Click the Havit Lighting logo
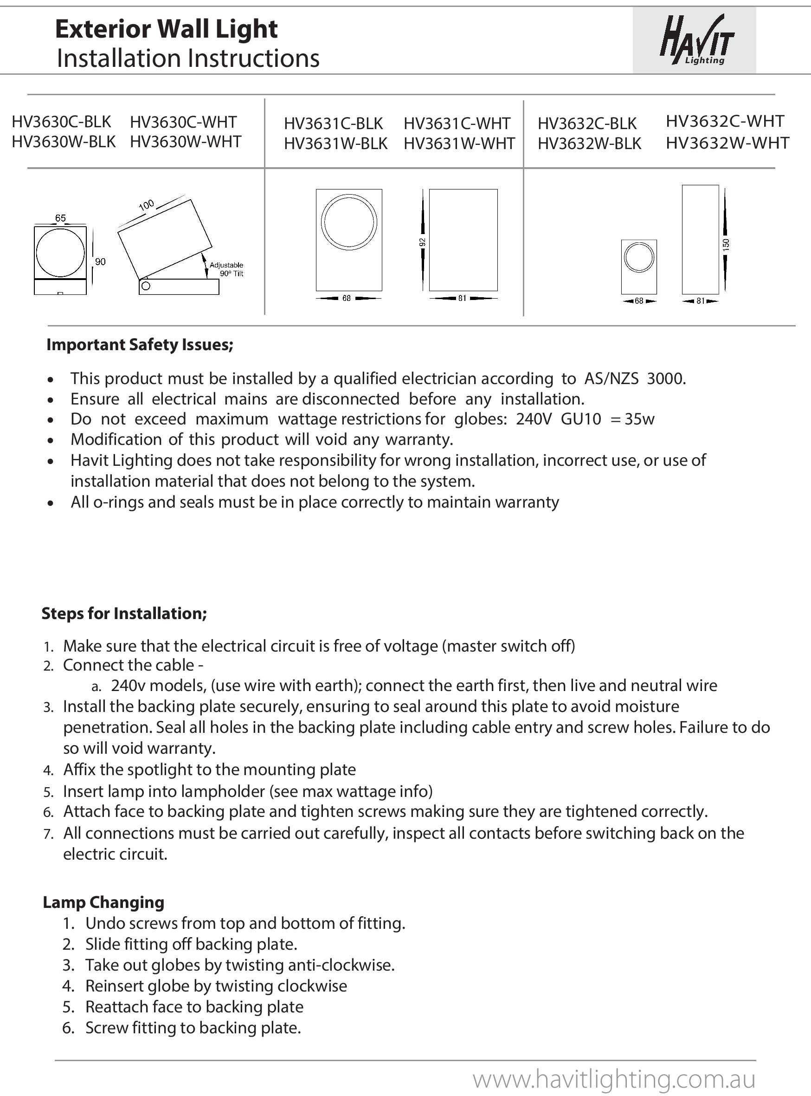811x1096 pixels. (696, 40)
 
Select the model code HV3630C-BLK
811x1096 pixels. (61, 122)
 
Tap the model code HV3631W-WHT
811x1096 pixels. (459, 144)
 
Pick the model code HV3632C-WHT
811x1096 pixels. (725, 121)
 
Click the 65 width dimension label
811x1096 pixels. (60, 218)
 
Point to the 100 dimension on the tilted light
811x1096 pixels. (146, 205)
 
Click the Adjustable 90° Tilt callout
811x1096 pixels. (226, 269)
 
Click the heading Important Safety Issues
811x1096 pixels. (140, 345)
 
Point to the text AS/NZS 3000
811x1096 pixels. (635, 378)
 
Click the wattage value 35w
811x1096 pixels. (639, 418)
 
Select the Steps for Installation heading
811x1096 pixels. (124, 613)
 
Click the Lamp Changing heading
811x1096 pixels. (103, 902)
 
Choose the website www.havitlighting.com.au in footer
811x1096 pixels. (614, 1079)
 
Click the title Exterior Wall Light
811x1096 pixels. (167, 29)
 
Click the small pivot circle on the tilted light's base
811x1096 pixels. (146, 286)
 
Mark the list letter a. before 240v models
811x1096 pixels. (96, 686)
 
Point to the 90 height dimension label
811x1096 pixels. (100, 261)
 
